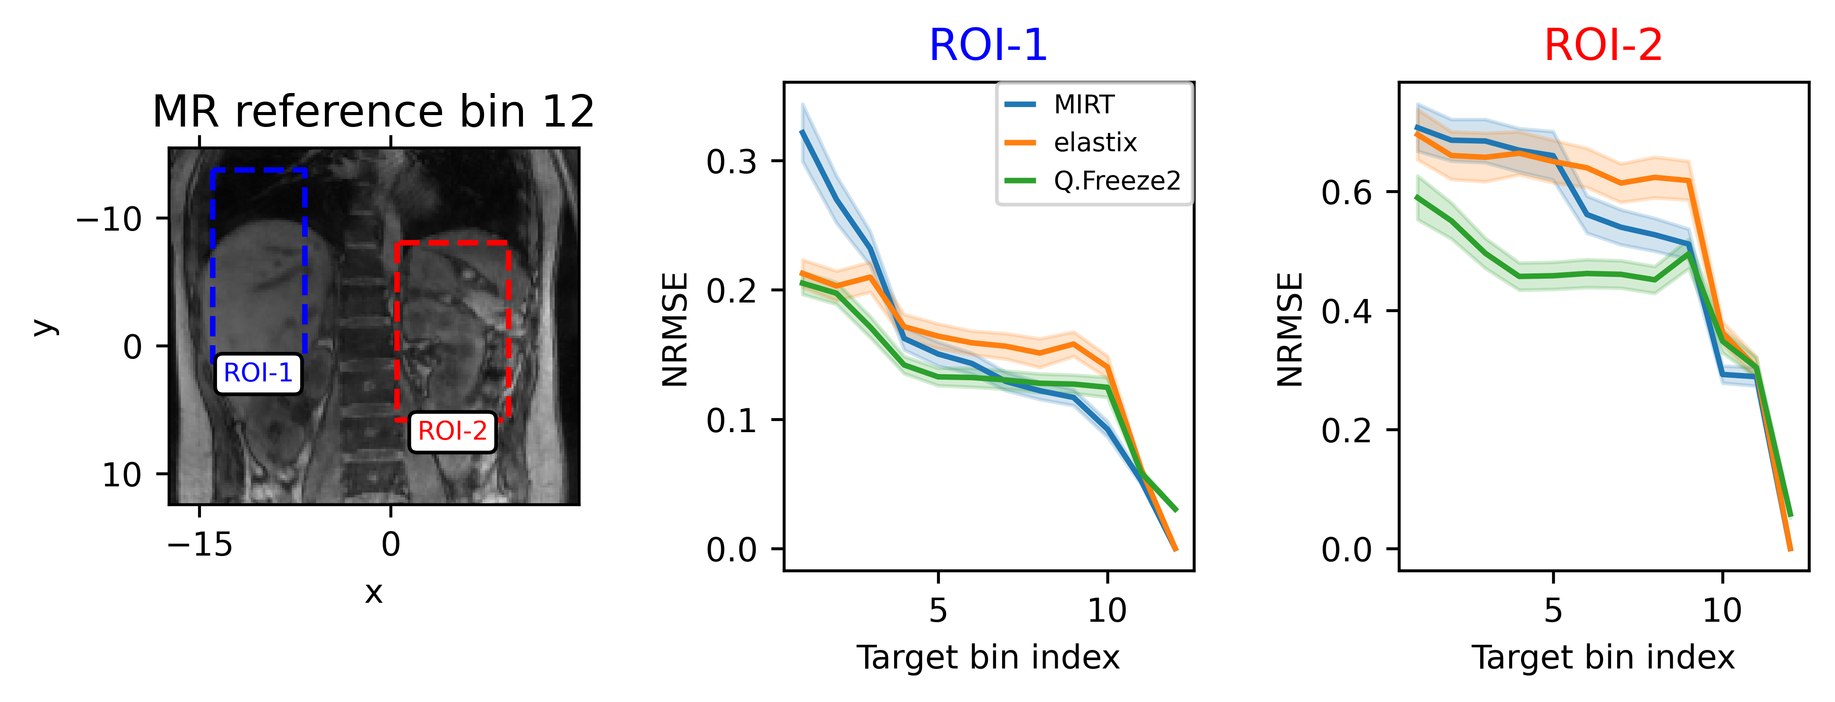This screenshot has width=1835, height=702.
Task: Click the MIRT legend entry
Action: (1083, 105)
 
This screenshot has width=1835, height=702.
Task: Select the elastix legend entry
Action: (1095, 142)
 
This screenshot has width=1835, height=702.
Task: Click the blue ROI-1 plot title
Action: (988, 45)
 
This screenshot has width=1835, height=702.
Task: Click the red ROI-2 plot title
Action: (1603, 45)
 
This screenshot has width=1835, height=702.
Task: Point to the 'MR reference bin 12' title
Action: (373, 112)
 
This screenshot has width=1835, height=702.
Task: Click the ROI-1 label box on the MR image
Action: (258, 373)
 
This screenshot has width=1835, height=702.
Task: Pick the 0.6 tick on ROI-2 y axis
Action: (1346, 192)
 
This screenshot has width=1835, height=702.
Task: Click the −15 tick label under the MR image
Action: (199, 545)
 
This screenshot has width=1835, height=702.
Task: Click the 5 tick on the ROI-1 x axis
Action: (938, 610)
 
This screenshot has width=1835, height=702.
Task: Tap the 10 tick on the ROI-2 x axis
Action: (1722, 610)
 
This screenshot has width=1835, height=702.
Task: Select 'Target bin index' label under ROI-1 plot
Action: (988, 657)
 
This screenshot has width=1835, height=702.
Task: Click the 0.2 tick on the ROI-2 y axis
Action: (1346, 430)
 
